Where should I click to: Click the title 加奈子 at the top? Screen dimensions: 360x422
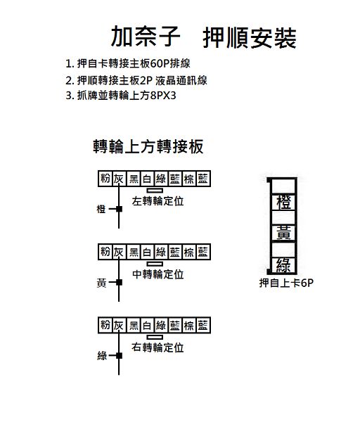[x=146, y=37]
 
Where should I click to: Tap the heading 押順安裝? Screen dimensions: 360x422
[x=250, y=38]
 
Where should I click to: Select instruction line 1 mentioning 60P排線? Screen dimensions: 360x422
[x=128, y=63]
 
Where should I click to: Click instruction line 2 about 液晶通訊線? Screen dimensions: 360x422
[x=136, y=80]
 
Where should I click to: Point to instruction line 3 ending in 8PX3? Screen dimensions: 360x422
[x=121, y=95]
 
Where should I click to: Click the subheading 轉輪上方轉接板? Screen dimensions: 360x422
[x=148, y=146]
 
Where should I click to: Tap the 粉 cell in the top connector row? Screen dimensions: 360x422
[x=105, y=179]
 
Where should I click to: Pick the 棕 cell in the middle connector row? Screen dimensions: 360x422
[x=189, y=252]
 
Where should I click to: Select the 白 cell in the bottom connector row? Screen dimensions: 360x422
[x=147, y=326]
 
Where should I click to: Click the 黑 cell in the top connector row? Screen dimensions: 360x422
[x=134, y=179]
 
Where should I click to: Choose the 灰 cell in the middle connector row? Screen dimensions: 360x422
[x=119, y=252]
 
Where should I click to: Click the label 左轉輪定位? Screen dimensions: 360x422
[x=157, y=201]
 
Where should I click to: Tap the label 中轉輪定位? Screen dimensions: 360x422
[x=158, y=274]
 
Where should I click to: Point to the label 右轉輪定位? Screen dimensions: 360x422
[x=157, y=347]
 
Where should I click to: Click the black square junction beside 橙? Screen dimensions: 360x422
[x=120, y=209]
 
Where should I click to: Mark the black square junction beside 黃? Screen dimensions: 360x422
[x=120, y=282]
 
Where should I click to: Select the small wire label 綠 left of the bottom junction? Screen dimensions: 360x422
[x=102, y=356]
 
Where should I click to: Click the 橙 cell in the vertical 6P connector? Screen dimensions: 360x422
[x=284, y=202]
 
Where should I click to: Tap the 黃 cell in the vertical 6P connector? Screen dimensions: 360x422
[x=284, y=233]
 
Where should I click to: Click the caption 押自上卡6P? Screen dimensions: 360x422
[x=286, y=283]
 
